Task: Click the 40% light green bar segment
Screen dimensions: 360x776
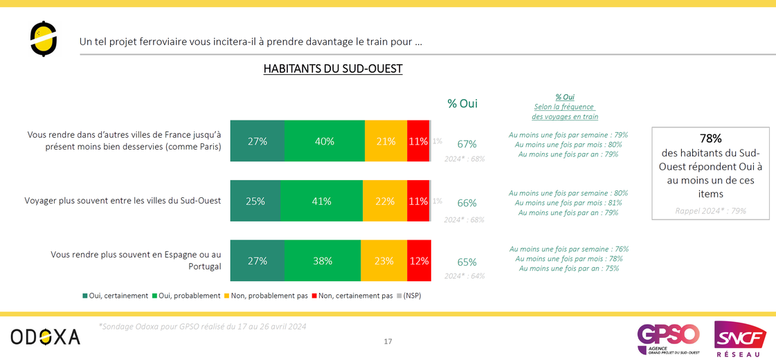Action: [324, 141]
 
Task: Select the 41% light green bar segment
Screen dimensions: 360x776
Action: [321, 201]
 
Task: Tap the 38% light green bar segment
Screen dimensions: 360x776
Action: [322, 261]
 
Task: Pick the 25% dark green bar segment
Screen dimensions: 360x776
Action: [255, 201]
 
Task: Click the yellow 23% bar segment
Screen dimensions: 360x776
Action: [384, 261]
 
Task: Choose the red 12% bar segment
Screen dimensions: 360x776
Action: [419, 261]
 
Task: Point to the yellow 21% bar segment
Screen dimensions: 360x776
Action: [386, 141]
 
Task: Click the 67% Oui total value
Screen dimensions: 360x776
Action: [467, 144]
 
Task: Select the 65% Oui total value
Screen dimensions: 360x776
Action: [467, 262]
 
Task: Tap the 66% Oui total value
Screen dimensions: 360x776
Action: [467, 203]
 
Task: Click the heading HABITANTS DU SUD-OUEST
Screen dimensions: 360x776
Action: [333, 69]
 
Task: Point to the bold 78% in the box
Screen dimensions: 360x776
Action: [711, 138]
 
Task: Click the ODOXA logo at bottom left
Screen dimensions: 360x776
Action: [45, 337]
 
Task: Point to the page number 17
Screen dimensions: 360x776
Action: [388, 341]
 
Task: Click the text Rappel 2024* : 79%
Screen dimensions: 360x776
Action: [711, 210]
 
